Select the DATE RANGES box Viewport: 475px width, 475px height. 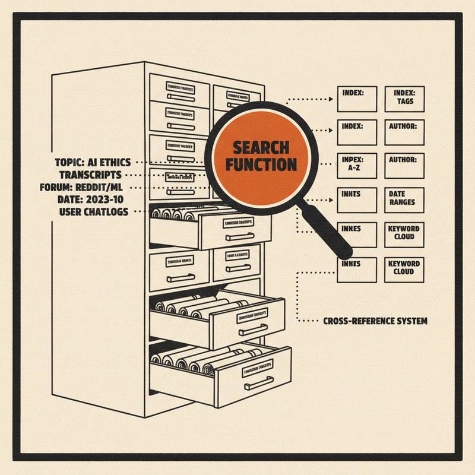click(404, 199)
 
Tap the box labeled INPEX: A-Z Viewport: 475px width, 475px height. click(357, 165)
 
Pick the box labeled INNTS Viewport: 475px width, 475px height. click(357, 199)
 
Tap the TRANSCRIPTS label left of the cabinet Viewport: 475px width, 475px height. click(90, 175)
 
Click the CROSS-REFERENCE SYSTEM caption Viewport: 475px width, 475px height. click(375, 321)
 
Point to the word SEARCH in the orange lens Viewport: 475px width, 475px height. click(261, 148)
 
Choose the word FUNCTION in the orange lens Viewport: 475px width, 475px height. click(261, 164)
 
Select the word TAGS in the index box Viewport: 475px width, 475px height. click(406, 102)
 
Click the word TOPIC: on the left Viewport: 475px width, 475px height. click(72, 162)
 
